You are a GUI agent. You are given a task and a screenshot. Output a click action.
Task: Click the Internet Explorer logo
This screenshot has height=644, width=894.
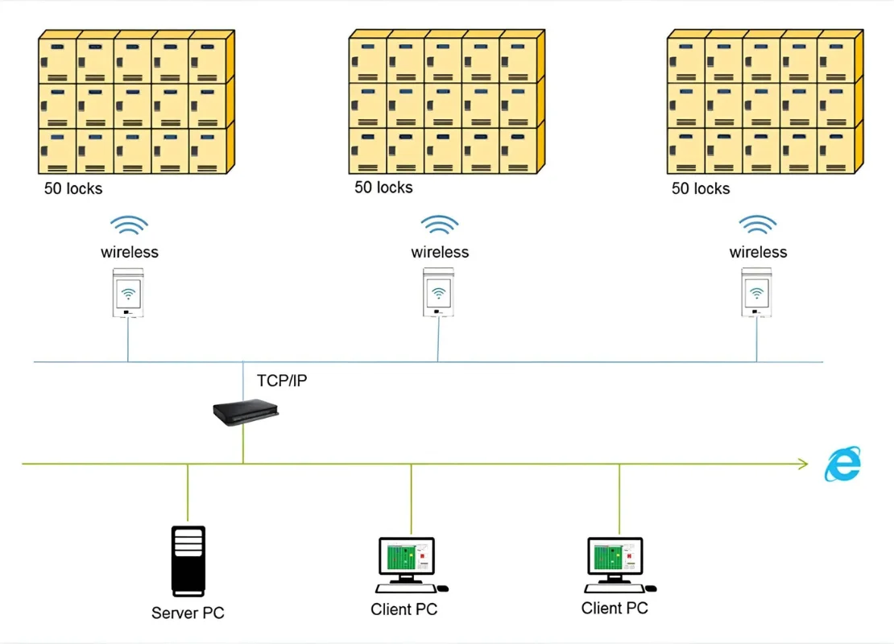pyautogui.click(x=842, y=464)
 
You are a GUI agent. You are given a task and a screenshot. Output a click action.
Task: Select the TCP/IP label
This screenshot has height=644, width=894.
pyautogui.click(x=281, y=381)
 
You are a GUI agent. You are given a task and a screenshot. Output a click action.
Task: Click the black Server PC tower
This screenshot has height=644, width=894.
pyautogui.click(x=188, y=560)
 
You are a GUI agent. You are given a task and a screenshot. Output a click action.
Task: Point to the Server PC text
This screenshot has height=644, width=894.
pyautogui.click(x=188, y=613)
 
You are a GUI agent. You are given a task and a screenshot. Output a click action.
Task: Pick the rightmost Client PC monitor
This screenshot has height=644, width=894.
pyautogui.click(x=615, y=556)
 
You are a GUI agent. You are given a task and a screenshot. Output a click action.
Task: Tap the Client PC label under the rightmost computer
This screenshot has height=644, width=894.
pyautogui.click(x=615, y=608)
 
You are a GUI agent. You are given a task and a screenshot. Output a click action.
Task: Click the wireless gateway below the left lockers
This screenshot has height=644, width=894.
pyautogui.click(x=127, y=292)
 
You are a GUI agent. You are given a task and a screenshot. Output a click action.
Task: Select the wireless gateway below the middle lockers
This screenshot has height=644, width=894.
pyautogui.click(x=438, y=292)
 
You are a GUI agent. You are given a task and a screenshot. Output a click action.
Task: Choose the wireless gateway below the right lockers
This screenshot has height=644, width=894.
pyautogui.click(x=756, y=292)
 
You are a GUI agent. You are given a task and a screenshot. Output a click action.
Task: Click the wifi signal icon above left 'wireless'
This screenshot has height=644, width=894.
pyautogui.click(x=129, y=225)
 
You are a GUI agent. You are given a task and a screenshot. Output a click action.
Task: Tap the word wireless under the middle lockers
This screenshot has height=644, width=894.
pyautogui.click(x=440, y=252)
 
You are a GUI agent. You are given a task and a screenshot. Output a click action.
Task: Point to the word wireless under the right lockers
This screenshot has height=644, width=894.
pyautogui.click(x=758, y=252)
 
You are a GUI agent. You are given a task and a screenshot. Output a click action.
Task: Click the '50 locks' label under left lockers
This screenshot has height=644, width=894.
pyautogui.click(x=73, y=189)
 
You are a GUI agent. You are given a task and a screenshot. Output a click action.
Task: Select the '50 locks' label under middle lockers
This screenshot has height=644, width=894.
pyautogui.click(x=383, y=188)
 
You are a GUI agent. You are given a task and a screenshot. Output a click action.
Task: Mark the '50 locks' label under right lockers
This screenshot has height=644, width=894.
pyautogui.click(x=701, y=188)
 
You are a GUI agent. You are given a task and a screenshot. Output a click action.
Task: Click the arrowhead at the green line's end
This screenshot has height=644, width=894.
pyautogui.click(x=802, y=463)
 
